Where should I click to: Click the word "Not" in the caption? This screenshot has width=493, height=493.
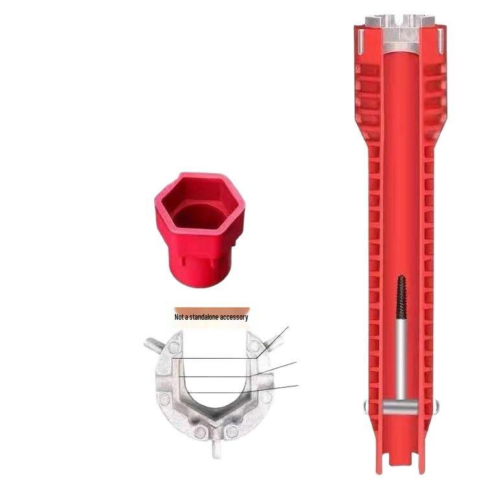[x=178, y=317]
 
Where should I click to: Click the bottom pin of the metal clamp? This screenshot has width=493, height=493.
[x=215, y=450]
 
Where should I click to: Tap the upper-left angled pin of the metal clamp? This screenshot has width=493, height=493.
[x=154, y=344]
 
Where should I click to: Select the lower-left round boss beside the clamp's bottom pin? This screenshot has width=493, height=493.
[x=199, y=431]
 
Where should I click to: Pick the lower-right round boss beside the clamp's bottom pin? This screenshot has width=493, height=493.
[x=232, y=431]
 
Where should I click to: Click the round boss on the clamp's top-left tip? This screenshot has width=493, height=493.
[x=174, y=347]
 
